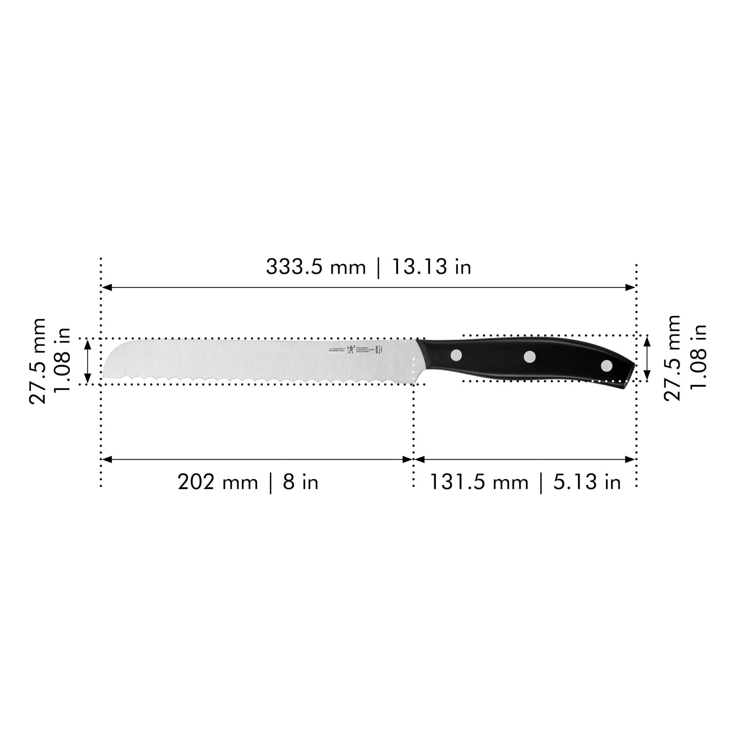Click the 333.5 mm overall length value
[x=315, y=267]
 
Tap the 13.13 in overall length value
[x=431, y=267]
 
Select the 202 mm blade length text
[x=217, y=482]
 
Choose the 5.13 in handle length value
[x=587, y=482]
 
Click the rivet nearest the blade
[x=456, y=355]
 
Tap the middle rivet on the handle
[x=530, y=357]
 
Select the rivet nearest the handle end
[x=607, y=365]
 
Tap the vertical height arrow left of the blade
[x=88, y=361]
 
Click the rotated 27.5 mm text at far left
[x=38, y=361]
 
